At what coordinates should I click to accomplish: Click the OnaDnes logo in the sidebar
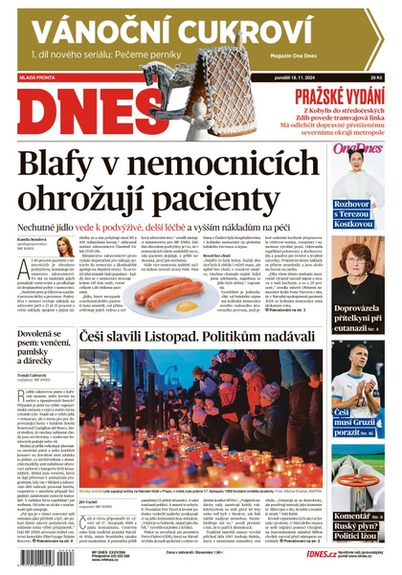(356, 148)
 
